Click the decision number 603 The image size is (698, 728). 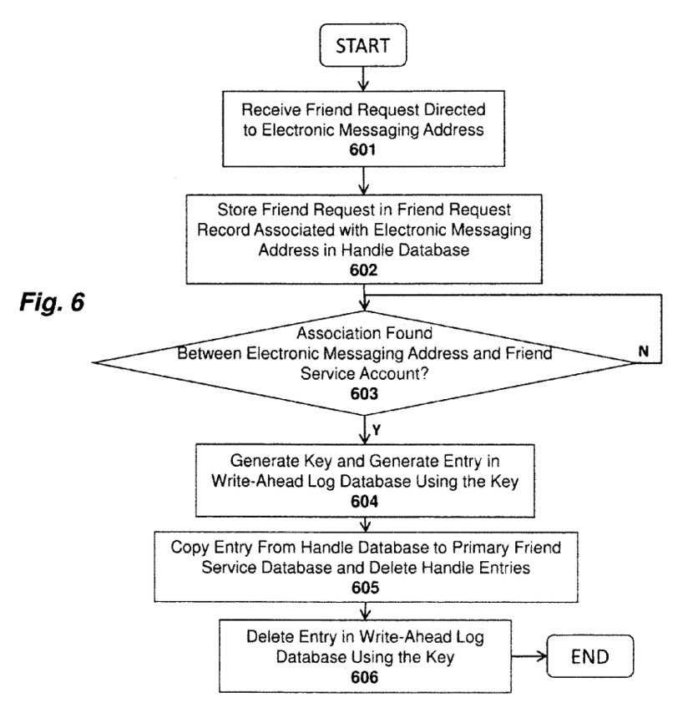click(x=365, y=391)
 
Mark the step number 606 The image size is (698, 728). click(x=365, y=677)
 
